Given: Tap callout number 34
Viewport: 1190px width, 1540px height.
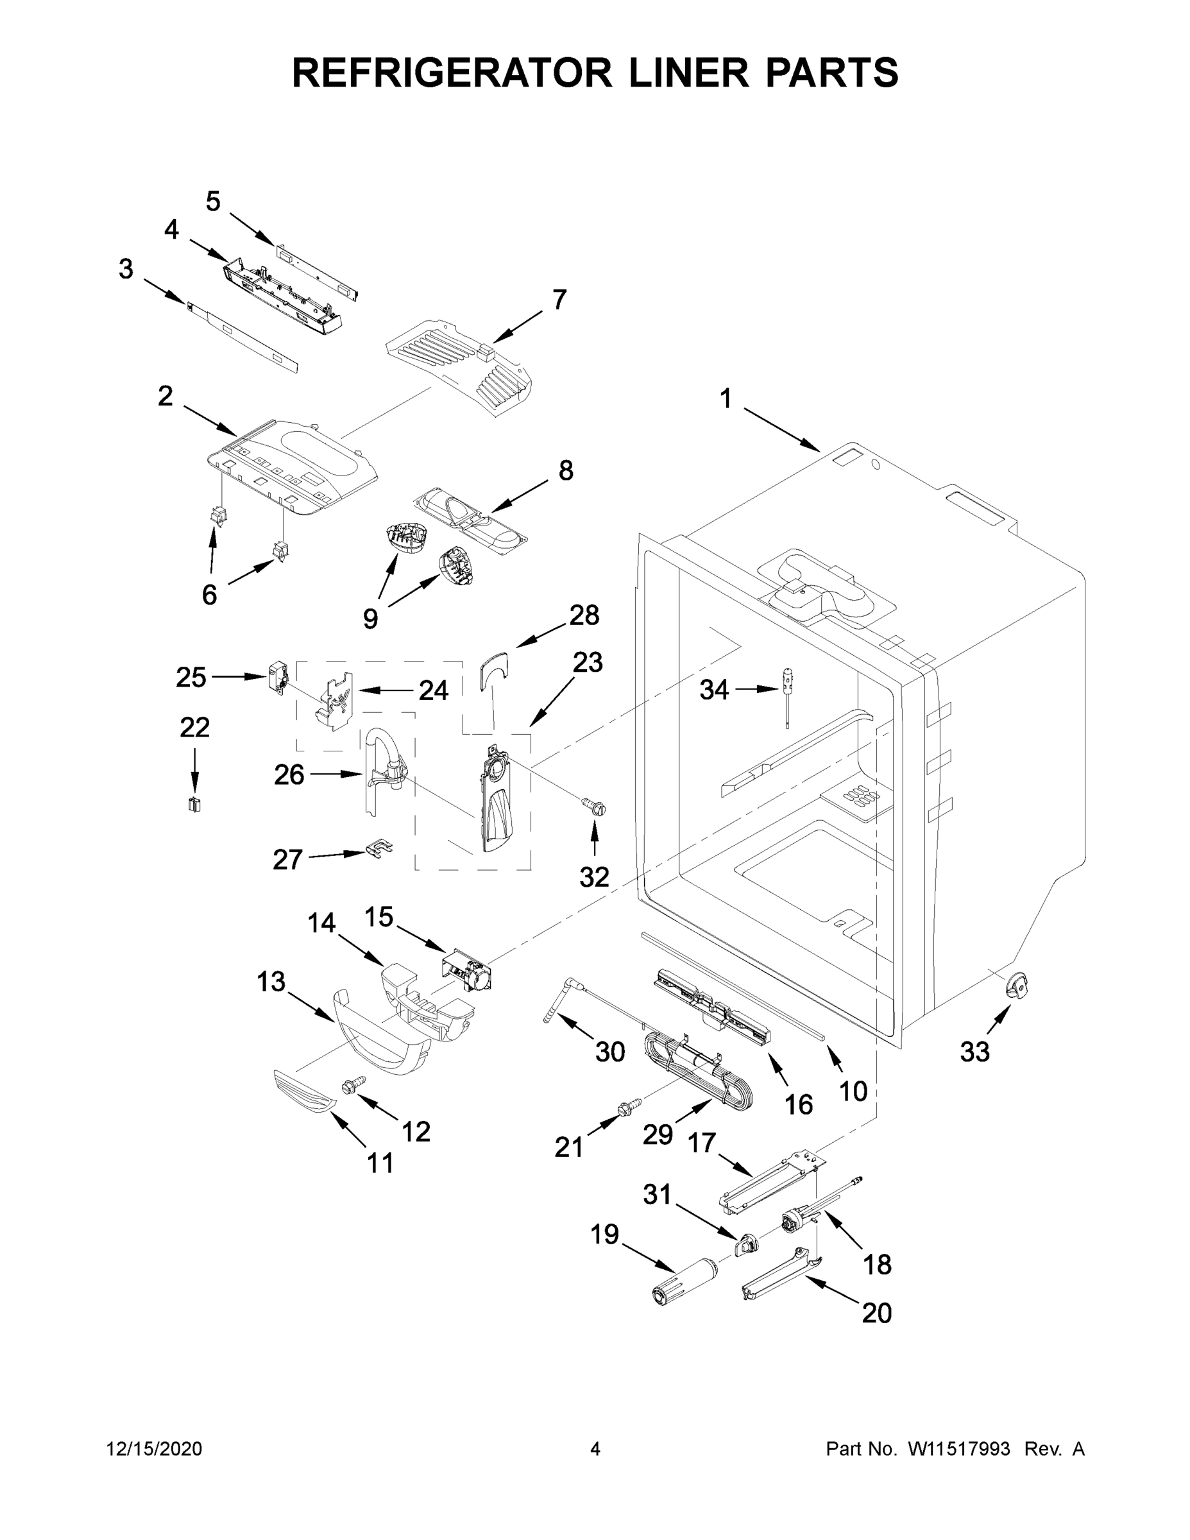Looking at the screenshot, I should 713,690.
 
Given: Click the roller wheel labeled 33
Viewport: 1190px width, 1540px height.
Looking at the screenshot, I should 1017,985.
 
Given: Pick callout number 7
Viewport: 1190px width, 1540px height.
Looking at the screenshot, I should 559,300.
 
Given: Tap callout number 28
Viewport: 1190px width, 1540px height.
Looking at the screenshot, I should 584,615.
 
